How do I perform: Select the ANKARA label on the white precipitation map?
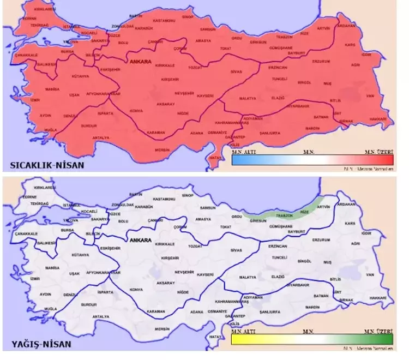[141, 239]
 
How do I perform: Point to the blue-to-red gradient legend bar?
[312, 160]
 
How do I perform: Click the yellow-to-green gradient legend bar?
[312, 339]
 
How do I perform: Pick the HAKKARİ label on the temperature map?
[377, 119]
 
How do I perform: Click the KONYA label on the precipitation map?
[136, 289]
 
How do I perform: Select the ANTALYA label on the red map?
[101, 137]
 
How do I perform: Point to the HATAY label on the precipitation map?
[216, 337]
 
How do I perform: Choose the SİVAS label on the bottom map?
[236, 250]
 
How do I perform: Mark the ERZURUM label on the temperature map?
[321, 62]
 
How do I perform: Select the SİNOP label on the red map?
[187, 17]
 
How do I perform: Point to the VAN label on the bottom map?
[370, 275]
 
